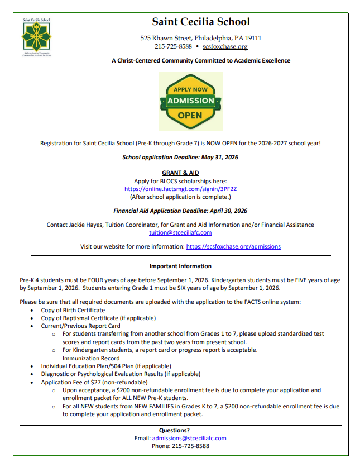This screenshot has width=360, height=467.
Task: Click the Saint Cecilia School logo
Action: coord(37,38)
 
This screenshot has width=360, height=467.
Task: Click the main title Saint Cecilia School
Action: coord(201,22)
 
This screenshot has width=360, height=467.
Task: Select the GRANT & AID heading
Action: coord(180,173)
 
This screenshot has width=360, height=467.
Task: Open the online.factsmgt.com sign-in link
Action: coord(180,189)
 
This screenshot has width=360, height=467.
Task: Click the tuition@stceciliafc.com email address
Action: coord(180,232)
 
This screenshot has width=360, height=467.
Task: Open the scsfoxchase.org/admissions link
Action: coord(233,246)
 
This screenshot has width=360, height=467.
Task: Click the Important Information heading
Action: coord(180,266)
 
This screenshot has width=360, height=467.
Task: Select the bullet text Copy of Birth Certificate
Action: coord(73,310)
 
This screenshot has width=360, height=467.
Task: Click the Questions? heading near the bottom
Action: coord(180,430)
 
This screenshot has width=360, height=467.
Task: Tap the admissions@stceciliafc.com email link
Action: coord(189,438)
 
